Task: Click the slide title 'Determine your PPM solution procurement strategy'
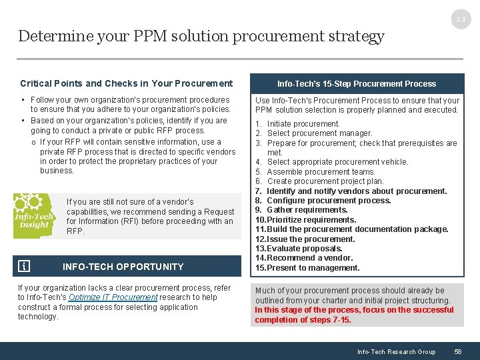pyautogui.click(x=201, y=36)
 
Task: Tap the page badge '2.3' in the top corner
pyautogui.click(x=461, y=21)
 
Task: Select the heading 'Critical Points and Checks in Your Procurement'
pyautogui.click(x=126, y=83)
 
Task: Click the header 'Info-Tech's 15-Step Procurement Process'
pyautogui.click(x=357, y=83)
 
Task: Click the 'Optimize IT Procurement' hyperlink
pyautogui.click(x=113, y=297)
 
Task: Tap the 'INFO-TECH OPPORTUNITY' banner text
pyautogui.click(x=123, y=267)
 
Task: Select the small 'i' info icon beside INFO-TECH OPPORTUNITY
pyautogui.click(x=24, y=267)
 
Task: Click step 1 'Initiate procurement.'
pyautogui.click(x=303, y=123)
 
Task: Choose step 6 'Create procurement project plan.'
pyautogui.click(x=325, y=181)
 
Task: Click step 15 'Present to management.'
pyautogui.click(x=312, y=268)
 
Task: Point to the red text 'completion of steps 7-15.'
pyautogui.click(x=302, y=319)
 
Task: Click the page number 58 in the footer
pyautogui.click(x=457, y=351)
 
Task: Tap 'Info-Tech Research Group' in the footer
pyautogui.click(x=396, y=351)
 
